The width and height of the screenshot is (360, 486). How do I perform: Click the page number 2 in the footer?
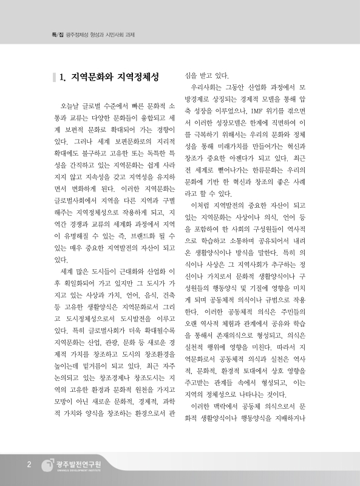click(x=29, y=465)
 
